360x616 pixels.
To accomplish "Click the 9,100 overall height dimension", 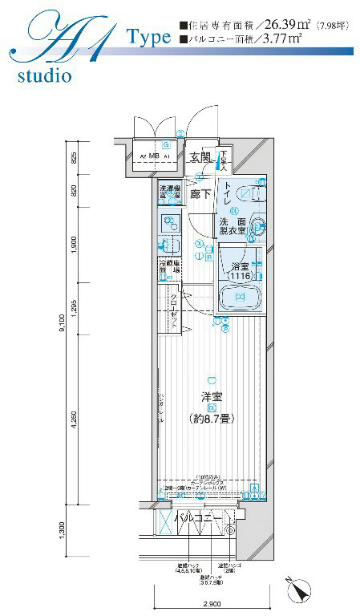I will tap(63, 326).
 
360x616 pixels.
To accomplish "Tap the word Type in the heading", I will tap(148, 37).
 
